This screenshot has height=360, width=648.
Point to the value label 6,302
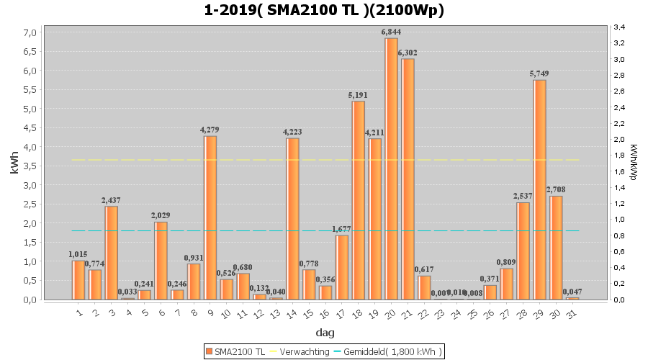408,53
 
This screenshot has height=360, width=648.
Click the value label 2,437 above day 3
112,200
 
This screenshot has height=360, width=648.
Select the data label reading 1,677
341,229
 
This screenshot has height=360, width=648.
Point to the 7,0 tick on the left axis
30,32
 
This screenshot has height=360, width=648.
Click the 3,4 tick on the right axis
618,27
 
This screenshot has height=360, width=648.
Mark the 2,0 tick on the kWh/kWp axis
618,140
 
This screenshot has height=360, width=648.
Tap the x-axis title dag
325,333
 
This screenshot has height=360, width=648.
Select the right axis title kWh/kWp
633,162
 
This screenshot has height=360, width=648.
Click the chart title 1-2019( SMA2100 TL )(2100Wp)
324,10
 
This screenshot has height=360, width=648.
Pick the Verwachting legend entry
300,351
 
